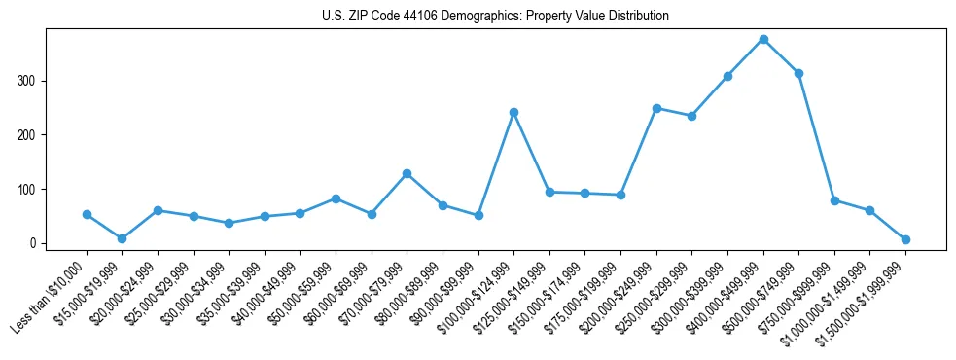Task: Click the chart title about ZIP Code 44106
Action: click(495, 16)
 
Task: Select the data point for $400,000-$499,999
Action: click(763, 39)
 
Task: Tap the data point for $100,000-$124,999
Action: click(513, 112)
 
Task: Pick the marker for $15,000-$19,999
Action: click(123, 238)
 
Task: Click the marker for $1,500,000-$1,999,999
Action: click(905, 239)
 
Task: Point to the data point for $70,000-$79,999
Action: click(407, 173)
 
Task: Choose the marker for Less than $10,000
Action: click(87, 214)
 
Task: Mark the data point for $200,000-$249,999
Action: click(656, 108)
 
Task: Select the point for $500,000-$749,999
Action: click(798, 73)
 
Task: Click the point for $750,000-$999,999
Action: click(834, 200)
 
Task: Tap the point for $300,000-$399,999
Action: click(727, 76)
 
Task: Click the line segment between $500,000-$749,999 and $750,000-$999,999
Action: click(817, 137)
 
